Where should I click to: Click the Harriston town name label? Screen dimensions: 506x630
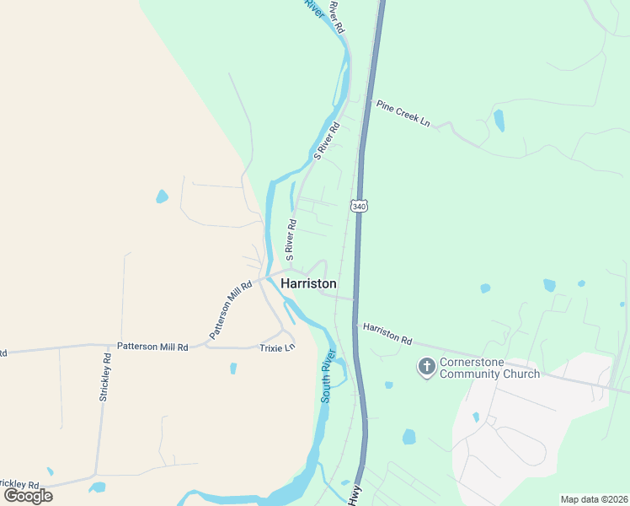[308, 283]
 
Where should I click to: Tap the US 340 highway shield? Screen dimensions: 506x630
[360, 206]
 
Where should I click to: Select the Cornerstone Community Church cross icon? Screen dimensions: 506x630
[427, 367]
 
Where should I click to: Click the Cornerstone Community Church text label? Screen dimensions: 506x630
[489, 368]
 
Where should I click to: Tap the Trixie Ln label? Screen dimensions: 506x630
[277, 347]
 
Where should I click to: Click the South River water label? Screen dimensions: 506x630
[328, 377]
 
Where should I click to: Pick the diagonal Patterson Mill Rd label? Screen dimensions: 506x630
[230, 310]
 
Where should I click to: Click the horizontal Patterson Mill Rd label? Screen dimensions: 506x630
[152, 346]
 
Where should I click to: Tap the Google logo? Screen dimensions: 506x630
[28, 495]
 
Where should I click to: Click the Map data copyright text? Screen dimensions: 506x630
[593, 499]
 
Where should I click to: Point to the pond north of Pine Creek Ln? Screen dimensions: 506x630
[499, 121]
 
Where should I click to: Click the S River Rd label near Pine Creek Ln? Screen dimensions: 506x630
[327, 140]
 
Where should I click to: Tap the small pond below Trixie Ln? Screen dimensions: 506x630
[233, 369]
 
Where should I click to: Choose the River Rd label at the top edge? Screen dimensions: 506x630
[337, 17]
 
